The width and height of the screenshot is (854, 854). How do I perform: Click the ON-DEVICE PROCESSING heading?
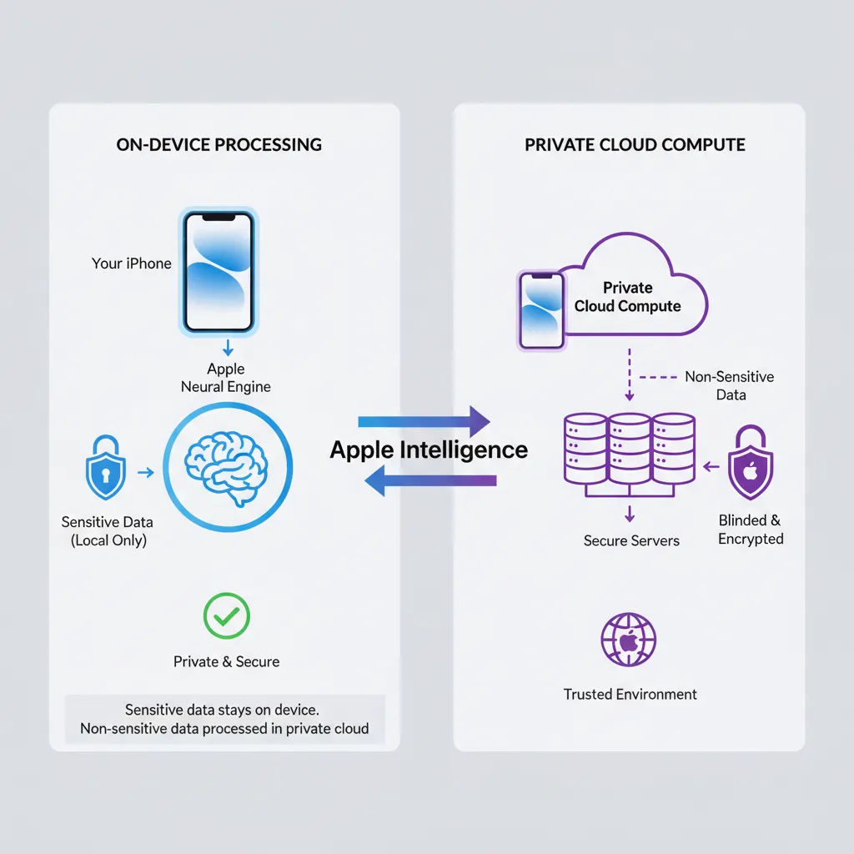[x=219, y=144]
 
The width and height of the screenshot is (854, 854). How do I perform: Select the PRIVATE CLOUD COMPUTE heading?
[x=635, y=144]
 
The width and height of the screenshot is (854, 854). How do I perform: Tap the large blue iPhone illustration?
[x=219, y=272]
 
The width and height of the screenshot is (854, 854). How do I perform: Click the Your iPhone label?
[x=132, y=264]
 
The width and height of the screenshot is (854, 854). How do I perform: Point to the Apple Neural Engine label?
[x=226, y=378]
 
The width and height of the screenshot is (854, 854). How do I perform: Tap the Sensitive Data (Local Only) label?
[x=108, y=531]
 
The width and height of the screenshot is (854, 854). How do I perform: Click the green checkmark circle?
[x=227, y=616]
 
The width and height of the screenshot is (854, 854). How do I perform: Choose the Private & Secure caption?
[x=227, y=661]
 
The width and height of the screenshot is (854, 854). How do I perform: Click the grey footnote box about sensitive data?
[x=224, y=719]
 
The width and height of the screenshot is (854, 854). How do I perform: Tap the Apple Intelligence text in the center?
[x=429, y=450]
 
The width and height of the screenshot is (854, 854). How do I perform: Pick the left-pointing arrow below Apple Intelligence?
[x=430, y=481]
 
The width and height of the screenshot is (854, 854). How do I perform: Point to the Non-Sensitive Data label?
[x=730, y=385]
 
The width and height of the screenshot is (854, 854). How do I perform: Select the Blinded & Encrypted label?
[x=751, y=530]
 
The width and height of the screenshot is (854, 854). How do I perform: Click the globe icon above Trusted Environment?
[x=629, y=640]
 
